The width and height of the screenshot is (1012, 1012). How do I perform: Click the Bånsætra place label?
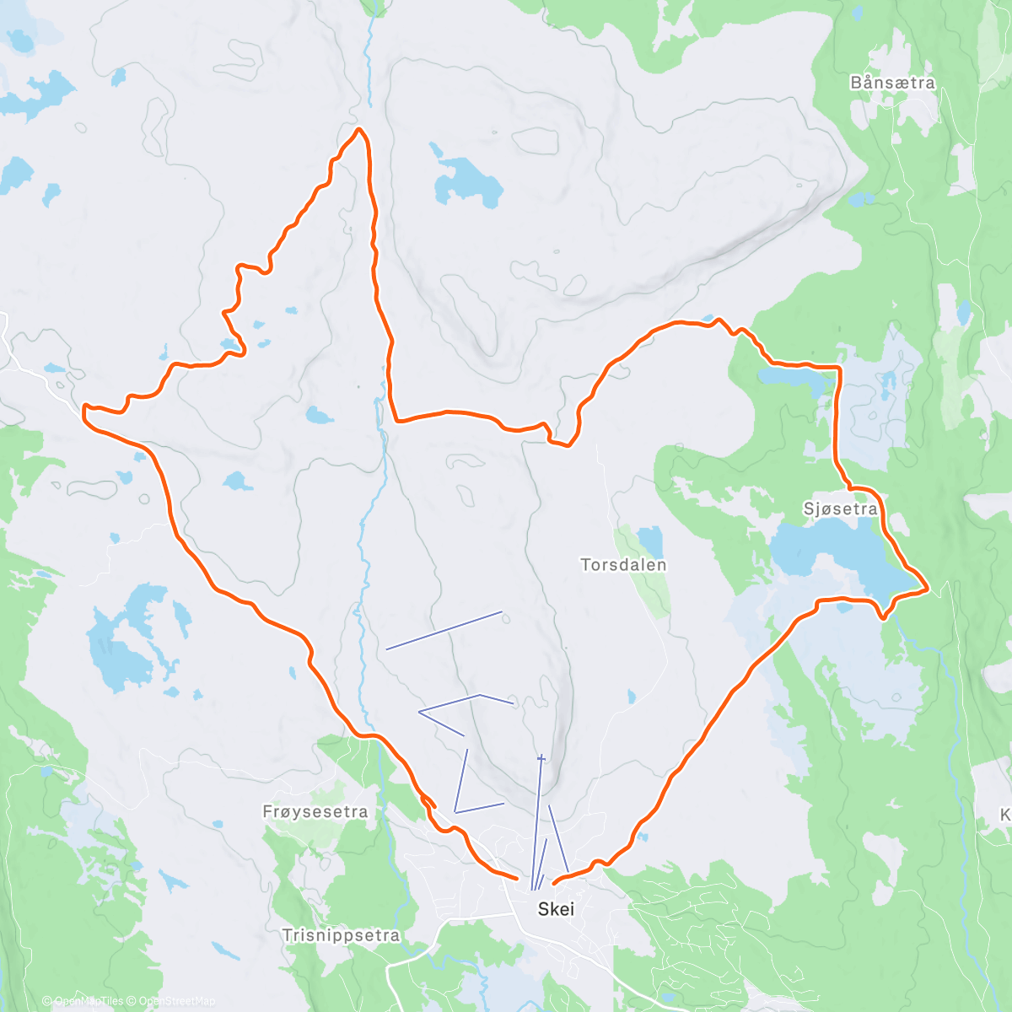point(892,83)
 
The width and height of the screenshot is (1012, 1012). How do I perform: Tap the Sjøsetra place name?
point(840,509)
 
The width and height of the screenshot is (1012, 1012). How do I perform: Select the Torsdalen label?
point(623,565)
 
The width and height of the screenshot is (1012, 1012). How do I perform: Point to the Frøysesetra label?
point(315,812)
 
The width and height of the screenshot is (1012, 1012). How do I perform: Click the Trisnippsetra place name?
point(341,935)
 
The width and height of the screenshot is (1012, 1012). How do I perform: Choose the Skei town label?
point(556,909)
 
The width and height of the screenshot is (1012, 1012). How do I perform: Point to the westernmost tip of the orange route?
point(83,409)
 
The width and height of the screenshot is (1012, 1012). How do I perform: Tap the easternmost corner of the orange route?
point(928,588)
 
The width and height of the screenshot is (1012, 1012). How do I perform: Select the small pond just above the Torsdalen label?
point(650,540)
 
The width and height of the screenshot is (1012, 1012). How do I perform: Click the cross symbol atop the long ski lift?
point(541,759)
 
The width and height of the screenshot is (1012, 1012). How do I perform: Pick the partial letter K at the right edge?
point(1004,815)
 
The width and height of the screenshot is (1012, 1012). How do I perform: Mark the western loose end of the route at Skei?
point(516,878)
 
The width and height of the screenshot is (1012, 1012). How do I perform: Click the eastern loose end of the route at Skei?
point(553,883)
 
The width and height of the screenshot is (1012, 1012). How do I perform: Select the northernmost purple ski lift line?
point(444,630)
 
